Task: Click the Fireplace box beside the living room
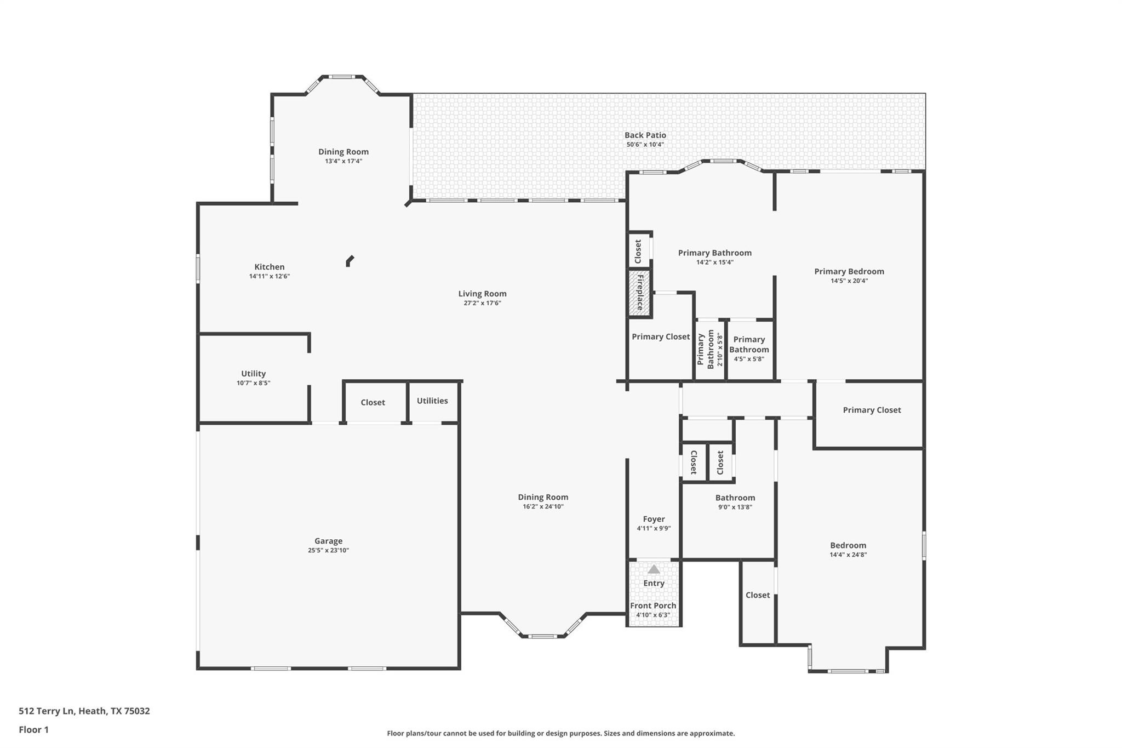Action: tap(639, 293)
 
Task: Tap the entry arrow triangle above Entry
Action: tap(654, 569)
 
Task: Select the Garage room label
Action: tap(328, 541)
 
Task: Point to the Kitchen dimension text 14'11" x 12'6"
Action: tap(270, 276)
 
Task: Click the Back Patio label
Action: tap(645, 135)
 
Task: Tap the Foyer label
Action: tap(654, 519)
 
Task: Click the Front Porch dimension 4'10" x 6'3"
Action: tap(653, 615)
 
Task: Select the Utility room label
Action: tap(253, 374)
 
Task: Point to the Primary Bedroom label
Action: tap(849, 271)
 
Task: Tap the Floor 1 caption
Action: tap(33, 730)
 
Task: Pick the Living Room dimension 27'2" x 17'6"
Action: tap(483, 303)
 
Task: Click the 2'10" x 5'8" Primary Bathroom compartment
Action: tap(710, 349)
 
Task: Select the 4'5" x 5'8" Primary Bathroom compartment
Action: tap(749, 349)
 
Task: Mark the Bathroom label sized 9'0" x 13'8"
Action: tap(735, 498)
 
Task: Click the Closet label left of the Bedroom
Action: tap(758, 595)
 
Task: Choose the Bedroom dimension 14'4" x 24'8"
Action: tap(848, 555)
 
